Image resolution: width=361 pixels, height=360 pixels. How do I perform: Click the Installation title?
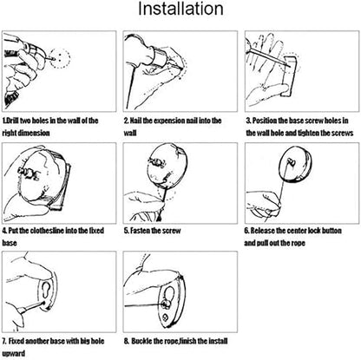(180, 9)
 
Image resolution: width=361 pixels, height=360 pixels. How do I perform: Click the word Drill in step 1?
(12, 121)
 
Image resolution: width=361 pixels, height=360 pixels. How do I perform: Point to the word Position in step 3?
(265, 121)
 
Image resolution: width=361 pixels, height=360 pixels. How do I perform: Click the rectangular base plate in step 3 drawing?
(288, 76)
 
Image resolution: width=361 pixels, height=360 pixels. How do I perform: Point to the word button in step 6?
(331, 231)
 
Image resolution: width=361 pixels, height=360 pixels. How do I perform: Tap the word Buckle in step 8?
(141, 341)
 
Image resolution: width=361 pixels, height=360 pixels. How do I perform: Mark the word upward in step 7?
(14, 354)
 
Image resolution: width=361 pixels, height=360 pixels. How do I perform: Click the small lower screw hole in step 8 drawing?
(166, 317)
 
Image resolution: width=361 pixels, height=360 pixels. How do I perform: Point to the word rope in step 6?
(298, 243)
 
